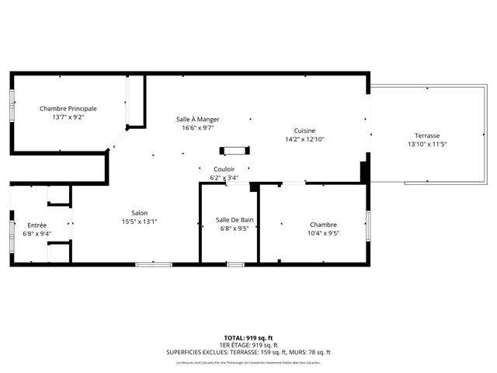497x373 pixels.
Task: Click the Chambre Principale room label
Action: [68, 108]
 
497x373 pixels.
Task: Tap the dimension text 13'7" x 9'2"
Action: [68, 117]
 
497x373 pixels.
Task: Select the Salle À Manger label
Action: [197, 119]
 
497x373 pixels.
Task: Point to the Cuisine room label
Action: [304, 131]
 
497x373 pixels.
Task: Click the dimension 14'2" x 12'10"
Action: [304, 140]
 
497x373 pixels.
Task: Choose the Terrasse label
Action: [427, 135]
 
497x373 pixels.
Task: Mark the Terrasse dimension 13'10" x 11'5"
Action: [427, 145]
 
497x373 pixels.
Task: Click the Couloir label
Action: [224, 169]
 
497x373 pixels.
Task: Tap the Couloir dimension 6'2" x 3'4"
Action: [224, 178]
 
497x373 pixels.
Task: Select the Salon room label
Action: [140, 212]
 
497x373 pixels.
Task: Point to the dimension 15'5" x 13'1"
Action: [140, 221]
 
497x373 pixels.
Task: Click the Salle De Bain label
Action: [235, 220]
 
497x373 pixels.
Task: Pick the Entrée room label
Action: [36, 225]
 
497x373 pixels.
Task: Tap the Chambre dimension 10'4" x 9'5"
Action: [322, 233]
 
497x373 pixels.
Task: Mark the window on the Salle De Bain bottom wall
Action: [235, 265]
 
